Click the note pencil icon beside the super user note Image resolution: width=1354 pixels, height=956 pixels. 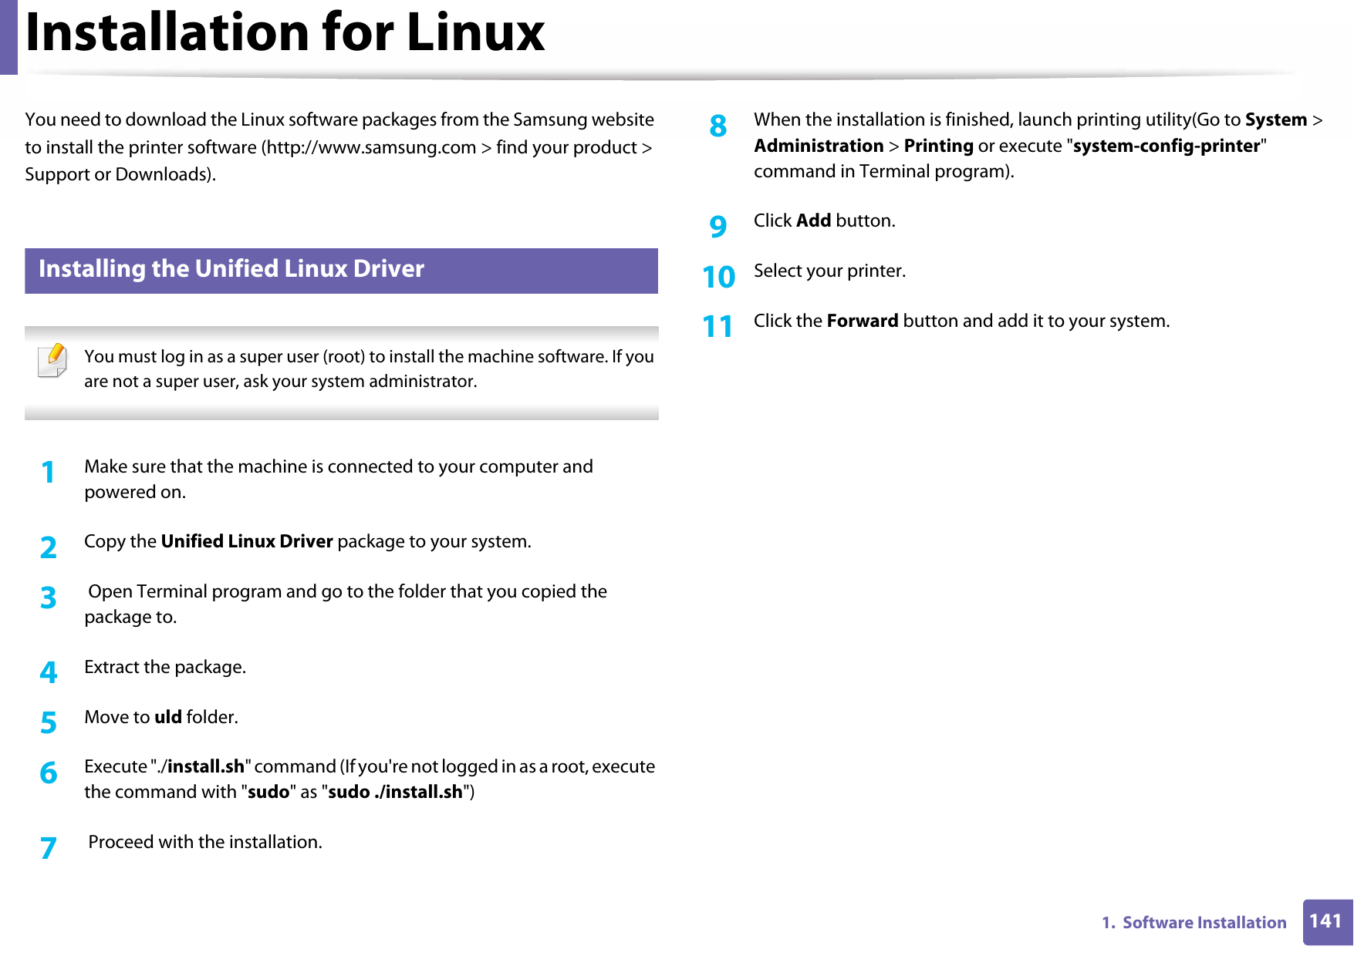pyautogui.click(x=52, y=360)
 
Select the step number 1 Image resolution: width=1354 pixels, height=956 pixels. pyautogui.click(x=48, y=472)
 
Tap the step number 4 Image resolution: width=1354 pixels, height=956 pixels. pyautogui.click(x=48, y=672)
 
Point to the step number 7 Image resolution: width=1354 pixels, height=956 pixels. pyautogui.click(x=48, y=848)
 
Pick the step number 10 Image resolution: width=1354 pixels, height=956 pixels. pyautogui.click(x=718, y=277)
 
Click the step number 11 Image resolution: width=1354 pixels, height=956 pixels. pyautogui.click(x=718, y=327)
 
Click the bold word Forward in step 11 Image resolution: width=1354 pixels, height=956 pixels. pyautogui.click(x=862, y=321)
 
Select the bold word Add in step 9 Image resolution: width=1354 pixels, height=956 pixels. pyautogui.click(x=813, y=220)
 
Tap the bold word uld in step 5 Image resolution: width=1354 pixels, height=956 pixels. pyautogui.click(x=167, y=717)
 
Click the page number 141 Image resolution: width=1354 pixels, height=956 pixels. pyautogui.click(x=1325, y=921)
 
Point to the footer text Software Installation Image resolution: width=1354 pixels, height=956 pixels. pyautogui.click(x=1204, y=923)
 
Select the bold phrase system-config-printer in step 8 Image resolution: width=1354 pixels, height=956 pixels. pyautogui.click(x=1166, y=146)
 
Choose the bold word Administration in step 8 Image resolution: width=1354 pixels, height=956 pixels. pyautogui.click(x=819, y=146)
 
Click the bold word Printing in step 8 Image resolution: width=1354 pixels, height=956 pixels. pyautogui.click(x=938, y=146)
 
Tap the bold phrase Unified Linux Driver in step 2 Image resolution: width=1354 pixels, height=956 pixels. pyautogui.click(x=247, y=541)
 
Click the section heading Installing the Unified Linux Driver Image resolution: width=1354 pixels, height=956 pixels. pyautogui.click(x=231, y=269)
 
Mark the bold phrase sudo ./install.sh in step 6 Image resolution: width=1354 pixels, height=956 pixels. pyautogui.click(x=395, y=792)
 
